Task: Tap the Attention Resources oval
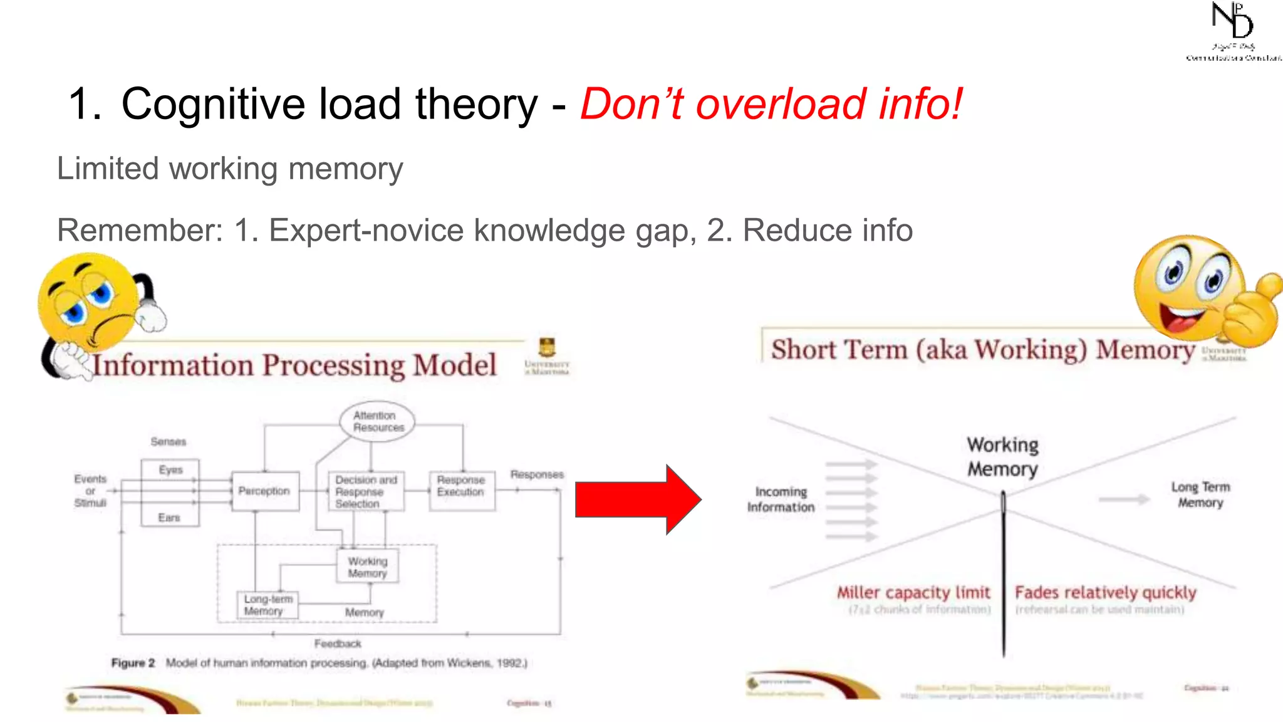tap(377, 421)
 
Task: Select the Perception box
tap(264, 491)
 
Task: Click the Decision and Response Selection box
tap(366, 491)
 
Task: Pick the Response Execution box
tap(462, 486)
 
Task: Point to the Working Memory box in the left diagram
tap(368, 567)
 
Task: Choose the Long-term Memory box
tap(268, 605)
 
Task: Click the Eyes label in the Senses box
tap(170, 469)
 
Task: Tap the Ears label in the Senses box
tap(169, 517)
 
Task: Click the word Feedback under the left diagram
tap(338, 644)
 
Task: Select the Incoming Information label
tap(781, 500)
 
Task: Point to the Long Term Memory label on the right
tap(1200, 494)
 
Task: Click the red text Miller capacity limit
tap(913, 592)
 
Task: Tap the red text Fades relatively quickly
tap(1105, 592)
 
